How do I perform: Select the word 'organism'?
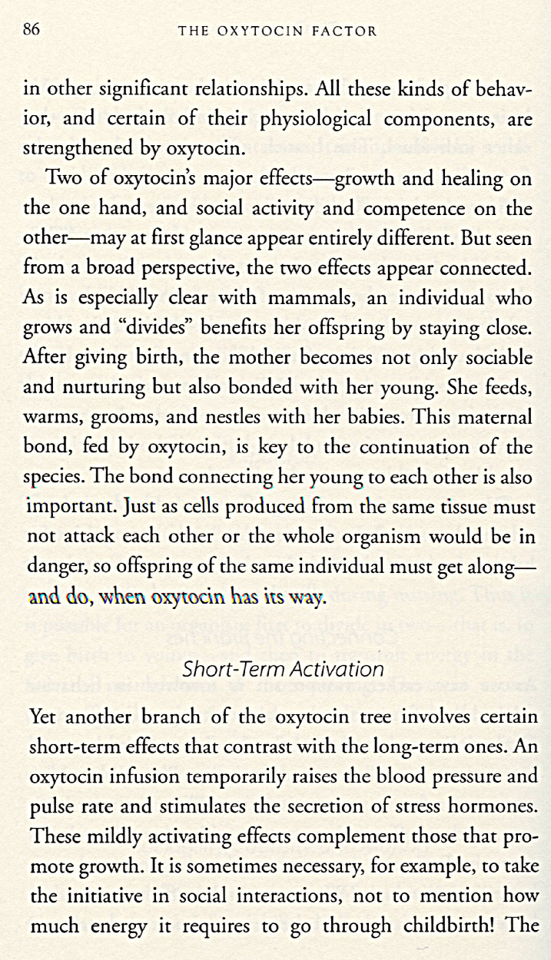point(409,537)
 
